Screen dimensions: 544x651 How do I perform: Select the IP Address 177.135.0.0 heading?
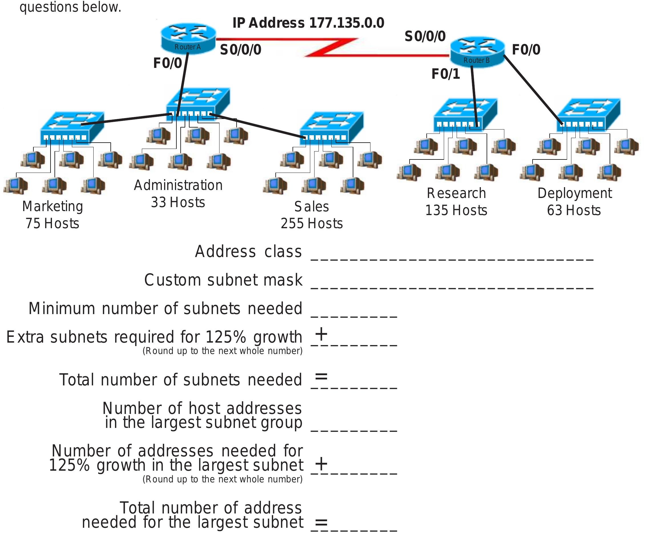pos(308,23)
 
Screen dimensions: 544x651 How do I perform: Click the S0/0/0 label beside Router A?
pos(241,50)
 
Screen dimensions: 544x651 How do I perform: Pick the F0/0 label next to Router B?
pos(526,50)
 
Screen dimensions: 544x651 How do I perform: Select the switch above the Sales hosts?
pos(331,127)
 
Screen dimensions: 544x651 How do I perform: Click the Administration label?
pos(178,185)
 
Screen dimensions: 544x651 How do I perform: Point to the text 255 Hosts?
pos(312,223)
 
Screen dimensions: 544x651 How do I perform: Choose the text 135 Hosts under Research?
pos(456,210)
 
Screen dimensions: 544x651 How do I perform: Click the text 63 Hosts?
pos(574,210)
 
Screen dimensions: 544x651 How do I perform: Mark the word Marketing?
pos(53,206)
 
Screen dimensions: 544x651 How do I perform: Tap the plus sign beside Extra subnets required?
pos(321,334)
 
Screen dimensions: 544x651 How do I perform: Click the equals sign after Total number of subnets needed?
pos(321,377)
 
